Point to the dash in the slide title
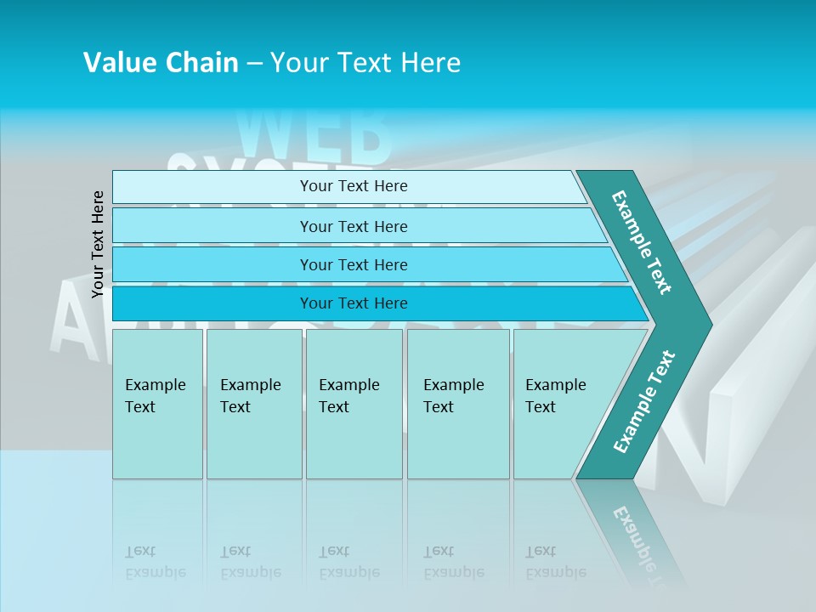[254, 63]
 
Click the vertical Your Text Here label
[98, 244]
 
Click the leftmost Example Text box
[157, 404]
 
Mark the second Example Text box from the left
[253, 404]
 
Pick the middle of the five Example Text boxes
[354, 404]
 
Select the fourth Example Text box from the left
[458, 404]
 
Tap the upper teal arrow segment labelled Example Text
[642, 242]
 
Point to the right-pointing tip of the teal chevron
[707, 325]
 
